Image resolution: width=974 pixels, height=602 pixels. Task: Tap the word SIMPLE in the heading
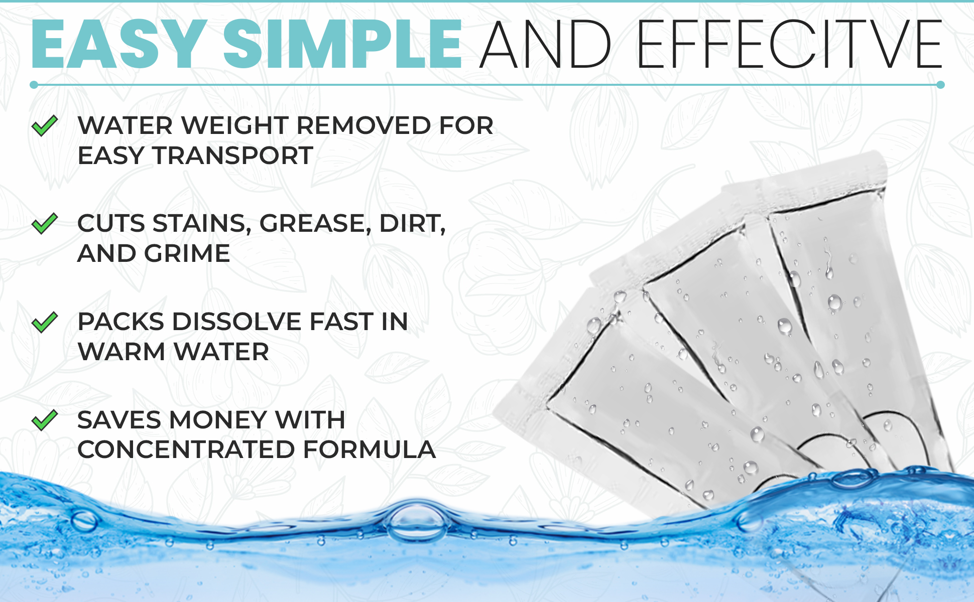click(x=343, y=44)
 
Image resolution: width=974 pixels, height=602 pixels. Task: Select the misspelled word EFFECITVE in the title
click(x=790, y=44)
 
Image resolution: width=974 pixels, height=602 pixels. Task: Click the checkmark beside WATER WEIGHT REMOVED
click(x=45, y=125)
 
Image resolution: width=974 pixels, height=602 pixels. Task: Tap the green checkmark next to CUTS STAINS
click(x=45, y=223)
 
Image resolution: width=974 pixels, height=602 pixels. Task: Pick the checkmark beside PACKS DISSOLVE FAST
click(x=45, y=322)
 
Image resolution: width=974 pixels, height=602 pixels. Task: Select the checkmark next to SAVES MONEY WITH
click(x=45, y=420)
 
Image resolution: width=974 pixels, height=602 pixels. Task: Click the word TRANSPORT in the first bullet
click(x=233, y=156)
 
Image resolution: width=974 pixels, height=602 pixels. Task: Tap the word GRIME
click(x=187, y=253)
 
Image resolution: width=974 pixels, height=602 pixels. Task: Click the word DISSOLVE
click(x=236, y=322)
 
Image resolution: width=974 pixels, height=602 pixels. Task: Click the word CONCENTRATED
click(x=186, y=449)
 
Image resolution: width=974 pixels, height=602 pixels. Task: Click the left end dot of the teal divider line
click(x=34, y=85)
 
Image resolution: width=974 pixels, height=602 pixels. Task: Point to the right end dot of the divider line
click(x=940, y=85)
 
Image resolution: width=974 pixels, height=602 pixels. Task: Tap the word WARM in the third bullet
click(x=121, y=352)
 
